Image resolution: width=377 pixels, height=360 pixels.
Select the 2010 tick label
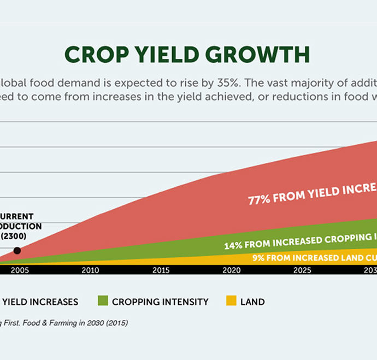point(90,270)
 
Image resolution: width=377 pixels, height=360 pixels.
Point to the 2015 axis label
point(161,270)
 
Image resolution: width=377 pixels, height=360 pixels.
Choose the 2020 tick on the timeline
point(232,270)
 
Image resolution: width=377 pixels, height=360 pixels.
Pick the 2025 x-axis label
point(302,270)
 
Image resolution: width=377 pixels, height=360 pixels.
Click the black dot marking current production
point(17,251)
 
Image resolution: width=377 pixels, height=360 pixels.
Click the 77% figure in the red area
point(260,199)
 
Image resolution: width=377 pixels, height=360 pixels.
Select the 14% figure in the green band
point(233,245)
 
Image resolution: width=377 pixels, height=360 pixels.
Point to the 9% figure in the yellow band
point(258,257)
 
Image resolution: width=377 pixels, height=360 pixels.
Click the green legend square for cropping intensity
point(103,301)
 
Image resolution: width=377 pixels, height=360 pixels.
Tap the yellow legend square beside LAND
point(231,301)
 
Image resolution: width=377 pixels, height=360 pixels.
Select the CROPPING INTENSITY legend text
point(160,302)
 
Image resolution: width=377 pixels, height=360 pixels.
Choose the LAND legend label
point(253,302)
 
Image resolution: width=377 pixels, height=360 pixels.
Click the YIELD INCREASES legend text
point(40,302)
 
